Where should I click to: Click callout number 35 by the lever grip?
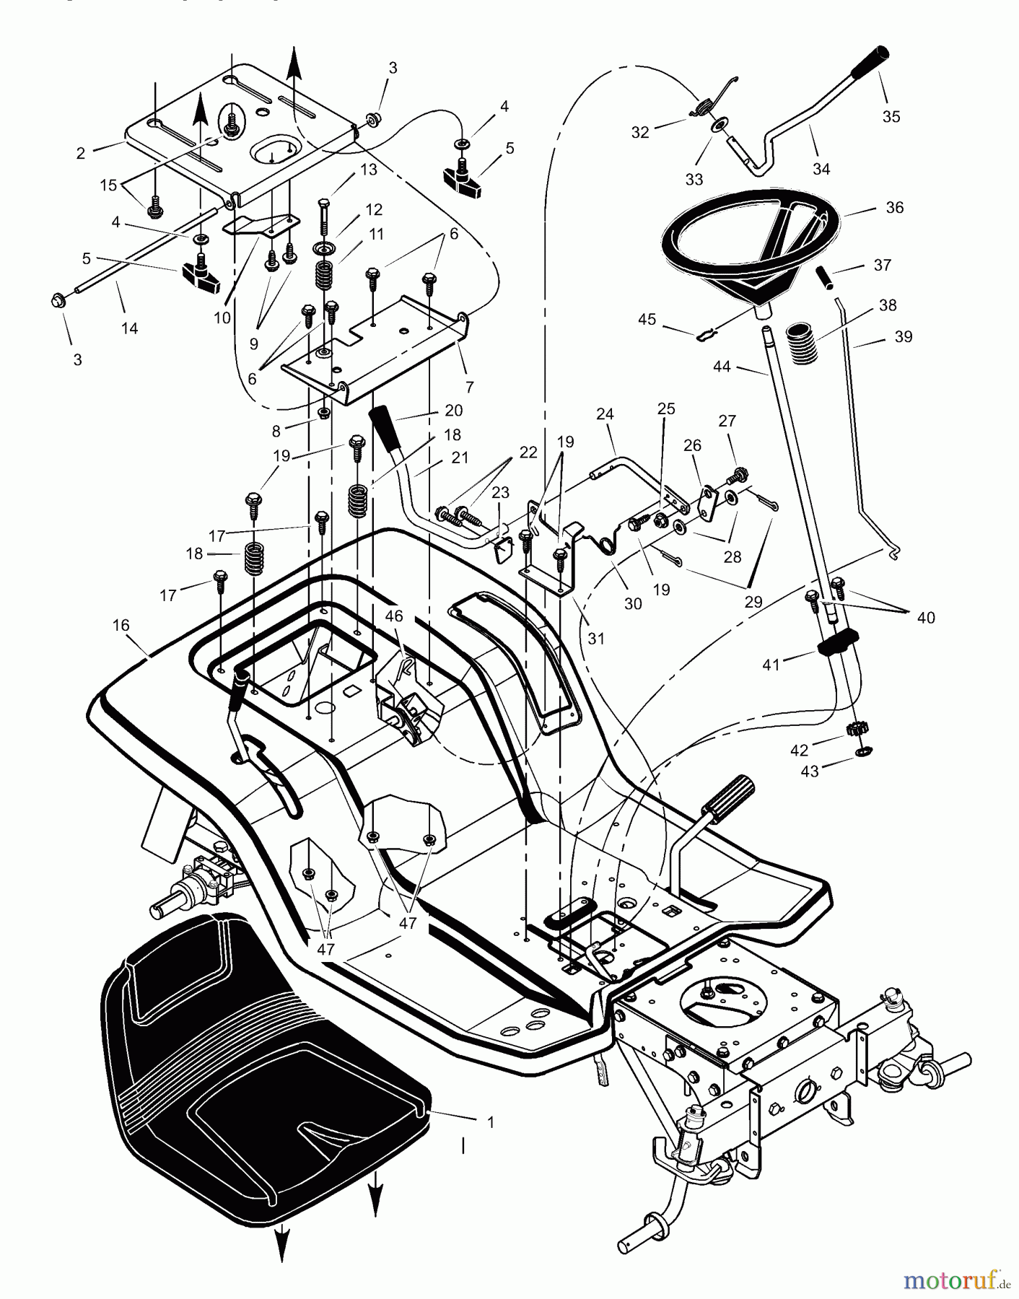891,116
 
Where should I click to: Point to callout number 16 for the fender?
121,625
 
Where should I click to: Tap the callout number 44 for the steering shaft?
722,367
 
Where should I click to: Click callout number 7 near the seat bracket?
470,388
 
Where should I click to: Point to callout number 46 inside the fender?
394,616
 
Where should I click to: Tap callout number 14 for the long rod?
129,328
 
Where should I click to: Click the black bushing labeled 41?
838,641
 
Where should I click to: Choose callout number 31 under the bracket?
596,639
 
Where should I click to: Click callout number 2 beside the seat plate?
81,153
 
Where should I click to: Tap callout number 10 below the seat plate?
222,318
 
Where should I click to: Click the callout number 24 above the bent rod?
605,414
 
